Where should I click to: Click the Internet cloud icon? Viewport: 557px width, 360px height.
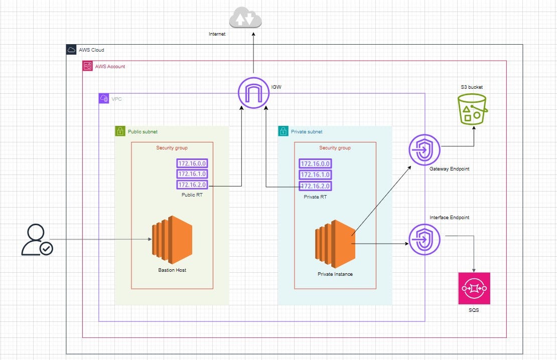pos(245,19)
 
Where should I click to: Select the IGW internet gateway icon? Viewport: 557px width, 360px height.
pos(253,92)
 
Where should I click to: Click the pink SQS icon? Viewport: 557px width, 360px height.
pos(474,288)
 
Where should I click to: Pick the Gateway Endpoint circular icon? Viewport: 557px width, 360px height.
pos(425,150)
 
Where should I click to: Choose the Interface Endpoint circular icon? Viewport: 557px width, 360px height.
pos(425,239)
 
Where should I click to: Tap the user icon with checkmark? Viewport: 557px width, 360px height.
pos(37,240)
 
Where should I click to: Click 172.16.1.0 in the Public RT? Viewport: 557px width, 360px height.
pos(192,174)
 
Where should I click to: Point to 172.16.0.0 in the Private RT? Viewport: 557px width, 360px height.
pos(315,164)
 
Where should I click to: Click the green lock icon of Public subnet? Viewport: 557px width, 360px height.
pos(120,131)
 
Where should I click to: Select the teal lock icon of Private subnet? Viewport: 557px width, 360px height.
pos(284,131)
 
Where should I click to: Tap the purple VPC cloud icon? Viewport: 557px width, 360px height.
pos(104,99)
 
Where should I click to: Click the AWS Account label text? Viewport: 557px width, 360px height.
pos(110,66)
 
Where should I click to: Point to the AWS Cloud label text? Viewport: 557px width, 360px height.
pos(91,50)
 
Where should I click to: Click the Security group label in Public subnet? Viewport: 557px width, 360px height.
pos(172,148)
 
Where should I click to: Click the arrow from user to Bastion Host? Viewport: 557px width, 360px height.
pos(100,240)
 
